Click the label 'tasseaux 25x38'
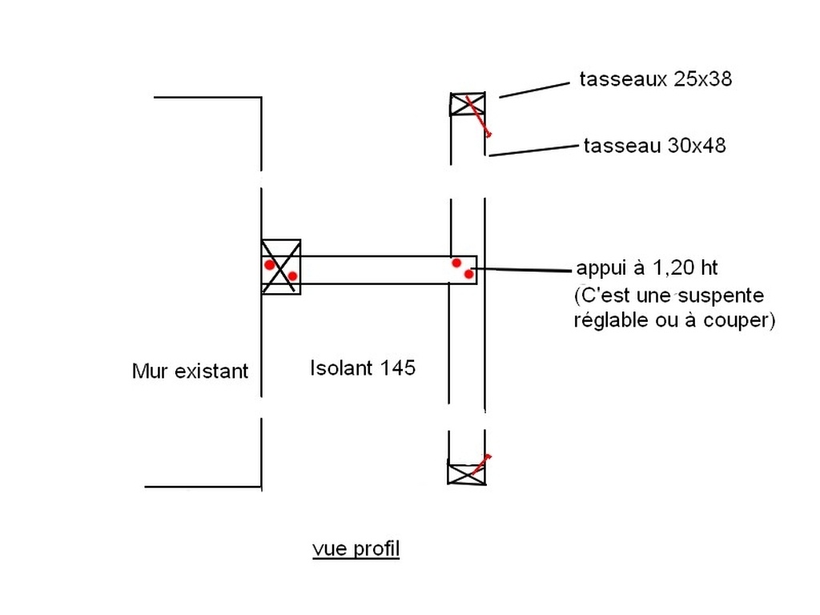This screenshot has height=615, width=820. (x=655, y=79)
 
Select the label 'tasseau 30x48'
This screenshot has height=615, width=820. (x=654, y=146)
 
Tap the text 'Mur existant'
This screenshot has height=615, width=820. (x=190, y=372)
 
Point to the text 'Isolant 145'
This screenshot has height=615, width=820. (x=362, y=368)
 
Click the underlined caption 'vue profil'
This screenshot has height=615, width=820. (x=356, y=549)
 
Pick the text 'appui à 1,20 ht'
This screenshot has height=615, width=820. (x=641, y=267)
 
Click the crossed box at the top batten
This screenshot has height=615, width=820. (x=467, y=104)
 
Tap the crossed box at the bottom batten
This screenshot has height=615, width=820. (x=466, y=473)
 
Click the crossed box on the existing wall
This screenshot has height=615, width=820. (x=281, y=267)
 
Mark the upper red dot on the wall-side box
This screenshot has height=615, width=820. (x=270, y=264)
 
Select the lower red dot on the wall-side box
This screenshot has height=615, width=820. (x=292, y=276)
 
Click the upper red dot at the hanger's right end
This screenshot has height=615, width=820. (x=456, y=263)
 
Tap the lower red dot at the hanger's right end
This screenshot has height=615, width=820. (x=469, y=274)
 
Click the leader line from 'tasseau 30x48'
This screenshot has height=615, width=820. (x=533, y=150)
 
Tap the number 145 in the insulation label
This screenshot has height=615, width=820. (x=398, y=368)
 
